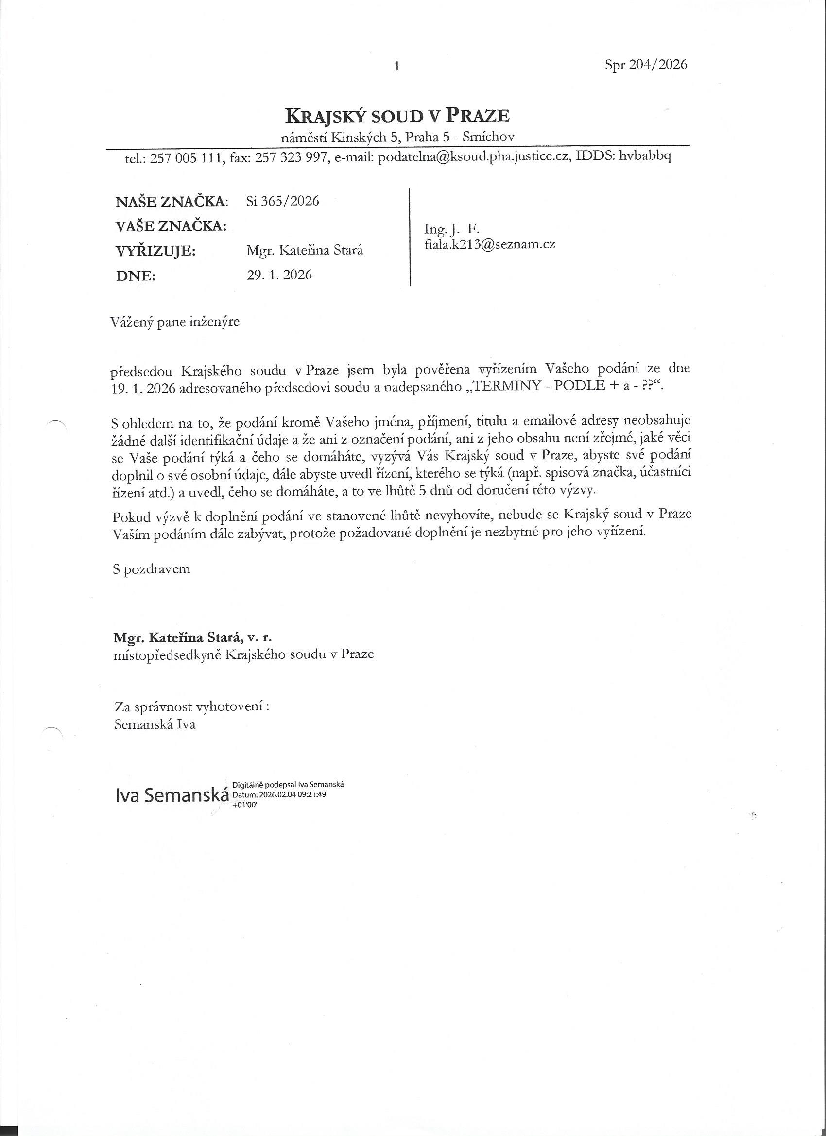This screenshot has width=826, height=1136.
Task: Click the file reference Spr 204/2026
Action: [x=646, y=65]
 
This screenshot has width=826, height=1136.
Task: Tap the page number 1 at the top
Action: [x=396, y=66]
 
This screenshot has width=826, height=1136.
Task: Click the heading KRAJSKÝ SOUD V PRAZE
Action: [x=397, y=116]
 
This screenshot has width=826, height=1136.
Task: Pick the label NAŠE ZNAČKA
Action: [x=172, y=202]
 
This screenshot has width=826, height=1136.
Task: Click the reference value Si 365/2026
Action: [x=282, y=201]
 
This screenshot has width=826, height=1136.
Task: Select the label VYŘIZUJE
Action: [x=155, y=251]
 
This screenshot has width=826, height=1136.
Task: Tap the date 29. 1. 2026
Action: [x=279, y=275]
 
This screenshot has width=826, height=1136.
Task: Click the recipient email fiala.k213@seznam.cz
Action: [x=489, y=245]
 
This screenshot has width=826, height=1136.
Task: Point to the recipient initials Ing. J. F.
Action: [x=452, y=229]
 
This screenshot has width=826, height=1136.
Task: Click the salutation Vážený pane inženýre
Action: [x=175, y=322]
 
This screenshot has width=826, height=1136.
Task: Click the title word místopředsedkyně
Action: [x=168, y=654]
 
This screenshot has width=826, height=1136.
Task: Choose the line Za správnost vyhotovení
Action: [x=192, y=707]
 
